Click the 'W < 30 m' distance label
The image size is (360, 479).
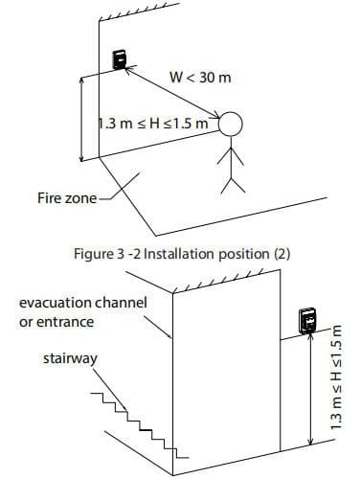point(200,76)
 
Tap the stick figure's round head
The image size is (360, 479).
point(232,125)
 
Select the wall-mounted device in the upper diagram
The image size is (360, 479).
point(119,59)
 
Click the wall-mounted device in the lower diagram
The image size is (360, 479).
point(309,322)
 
